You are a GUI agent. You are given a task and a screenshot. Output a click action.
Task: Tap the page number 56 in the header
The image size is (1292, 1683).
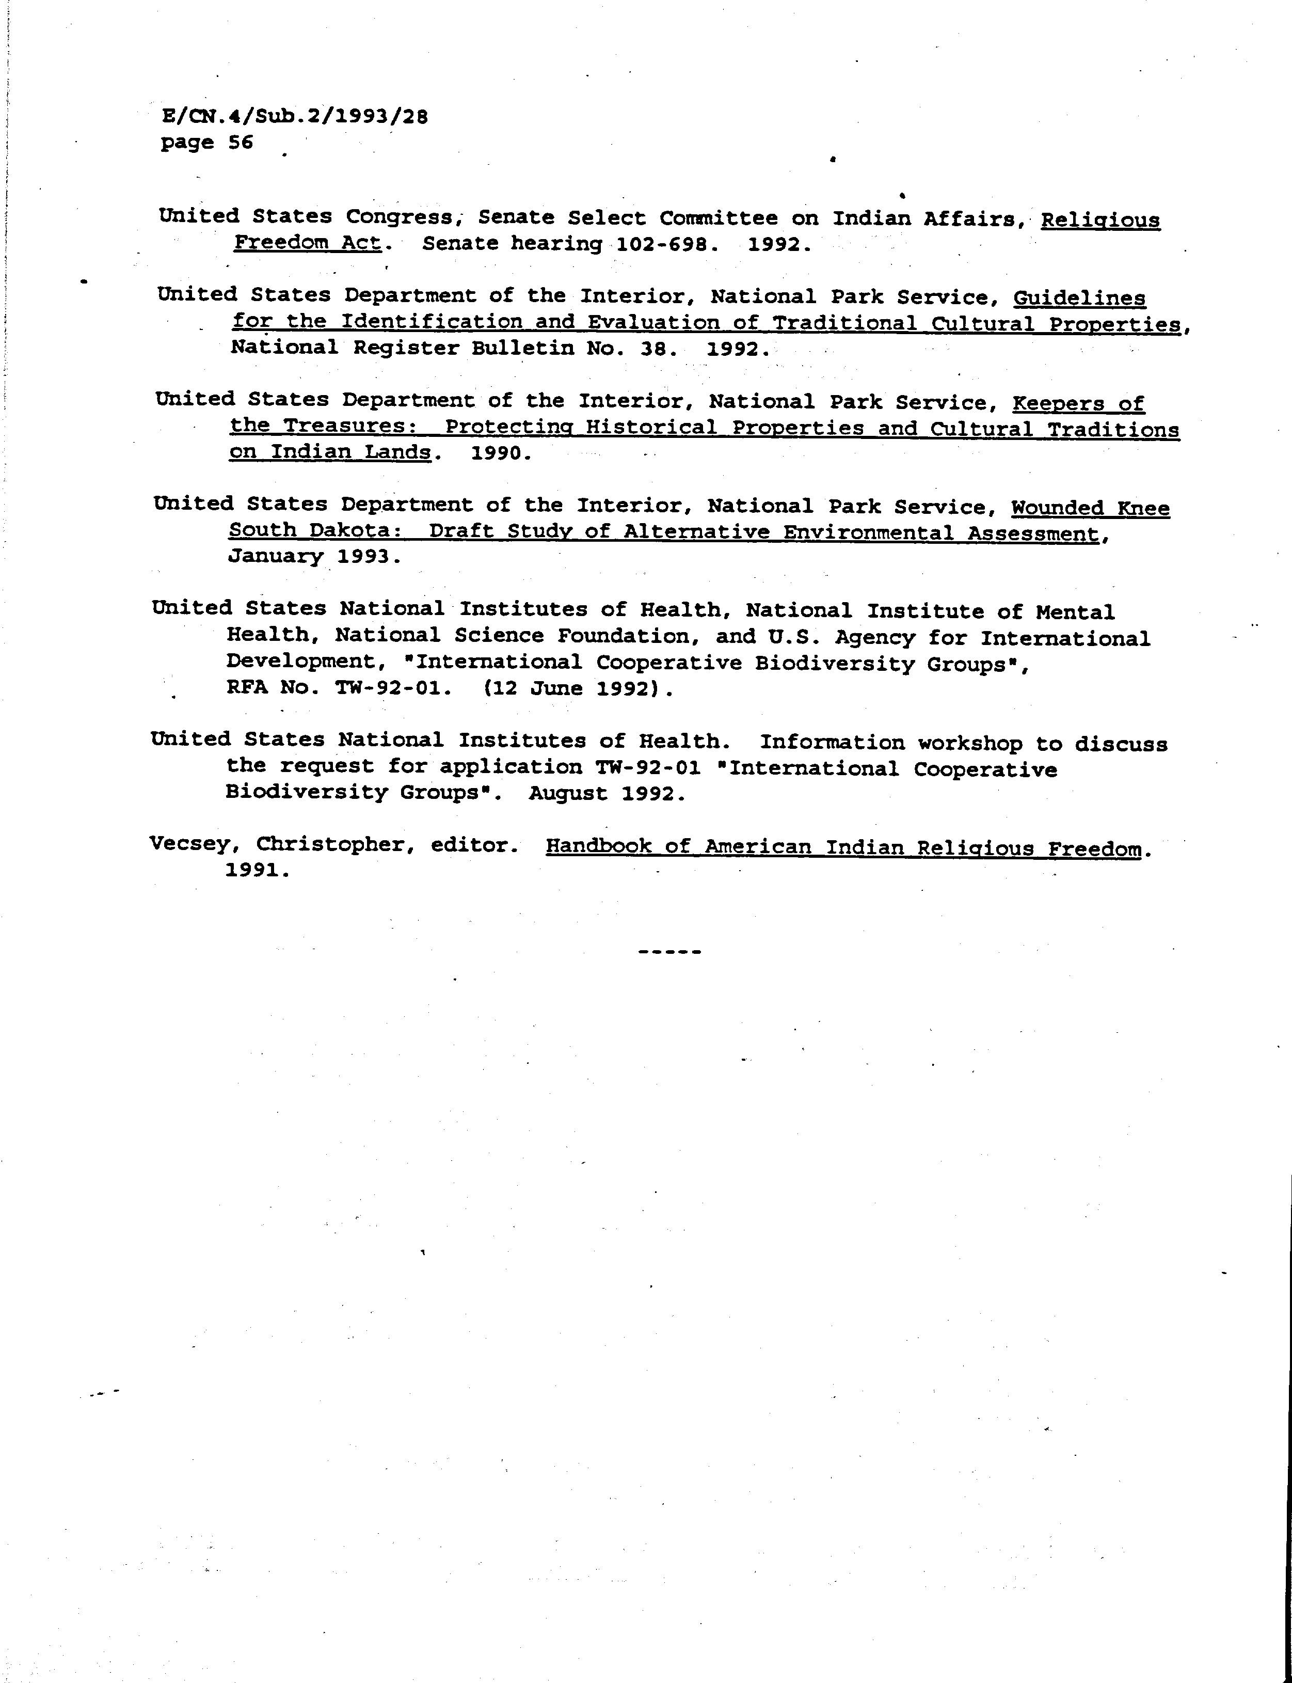click(x=241, y=143)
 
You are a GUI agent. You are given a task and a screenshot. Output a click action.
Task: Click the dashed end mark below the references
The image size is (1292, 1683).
click(x=669, y=952)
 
